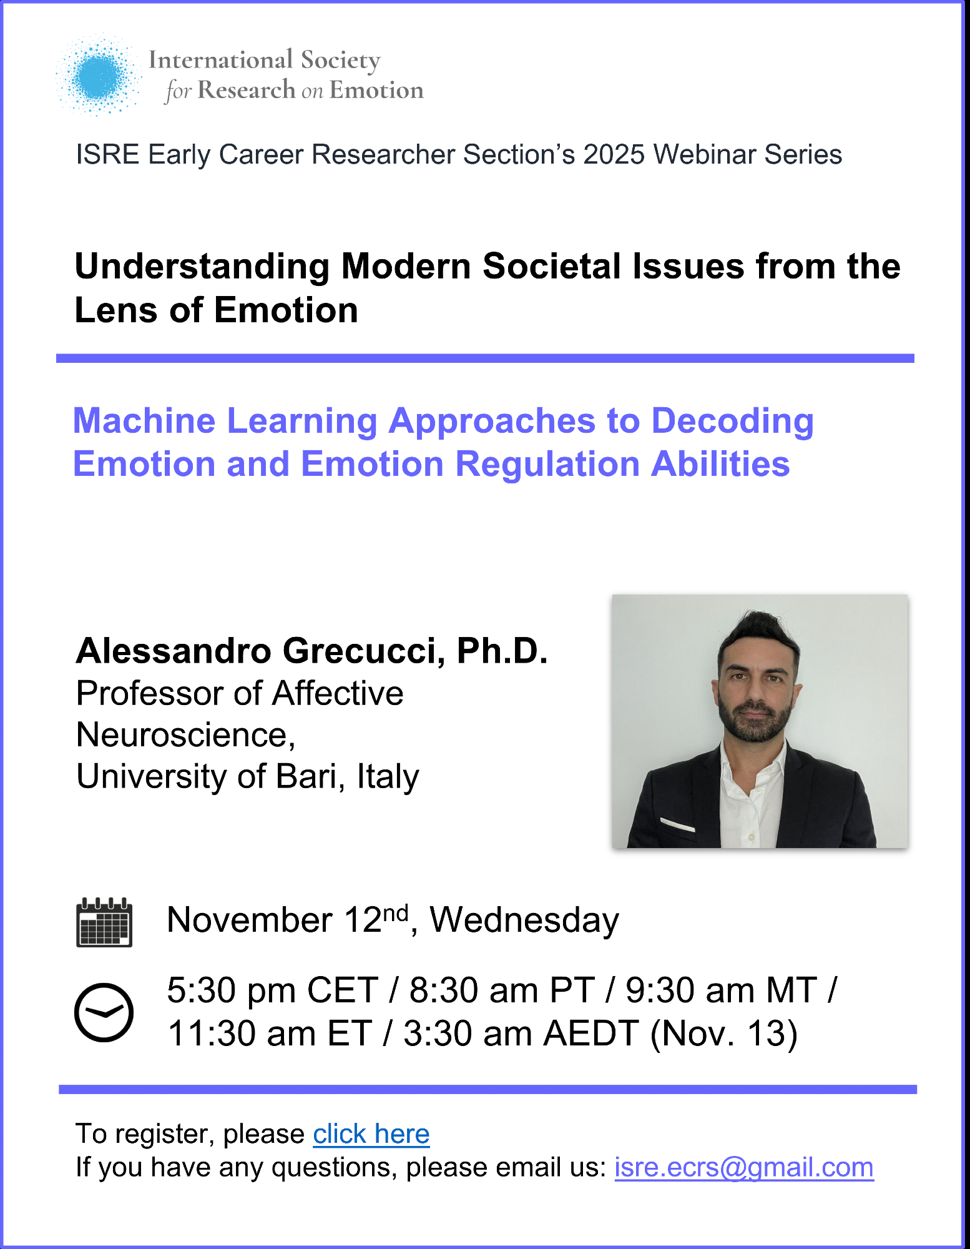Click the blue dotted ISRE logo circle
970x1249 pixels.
coord(99,76)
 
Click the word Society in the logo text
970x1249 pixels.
coord(341,61)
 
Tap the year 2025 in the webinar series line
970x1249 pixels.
coord(614,154)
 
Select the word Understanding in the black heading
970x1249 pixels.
coord(202,267)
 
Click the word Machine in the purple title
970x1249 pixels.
coord(144,420)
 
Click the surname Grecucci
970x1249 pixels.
coord(364,651)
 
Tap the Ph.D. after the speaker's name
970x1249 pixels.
coord(502,650)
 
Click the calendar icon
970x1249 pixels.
coord(104,922)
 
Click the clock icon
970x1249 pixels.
coord(104,1012)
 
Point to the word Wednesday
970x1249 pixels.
coord(524,920)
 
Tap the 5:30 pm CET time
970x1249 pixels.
coord(273,990)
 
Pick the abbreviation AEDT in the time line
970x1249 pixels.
coord(591,1033)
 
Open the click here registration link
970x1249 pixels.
coord(371,1133)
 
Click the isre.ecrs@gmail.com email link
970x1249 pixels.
coord(744,1167)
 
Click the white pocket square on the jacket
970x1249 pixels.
coord(677,824)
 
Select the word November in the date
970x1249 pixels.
coord(250,920)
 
